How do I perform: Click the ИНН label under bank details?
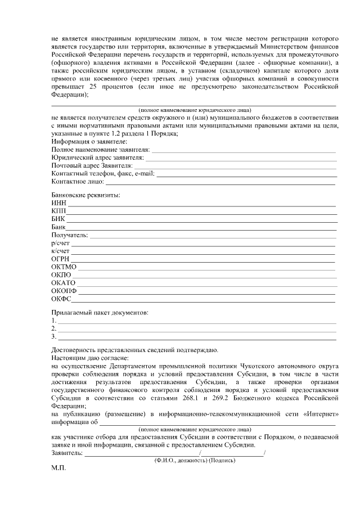(x=58, y=202)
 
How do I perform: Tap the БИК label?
(x=58, y=219)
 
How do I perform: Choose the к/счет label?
(x=60, y=251)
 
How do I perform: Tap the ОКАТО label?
(x=63, y=282)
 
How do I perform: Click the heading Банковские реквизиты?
(x=85, y=195)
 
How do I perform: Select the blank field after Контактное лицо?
(x=220, y=182)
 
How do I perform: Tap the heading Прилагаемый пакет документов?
(x=100, y=312)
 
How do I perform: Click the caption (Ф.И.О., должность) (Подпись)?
(x=195, y=460)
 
